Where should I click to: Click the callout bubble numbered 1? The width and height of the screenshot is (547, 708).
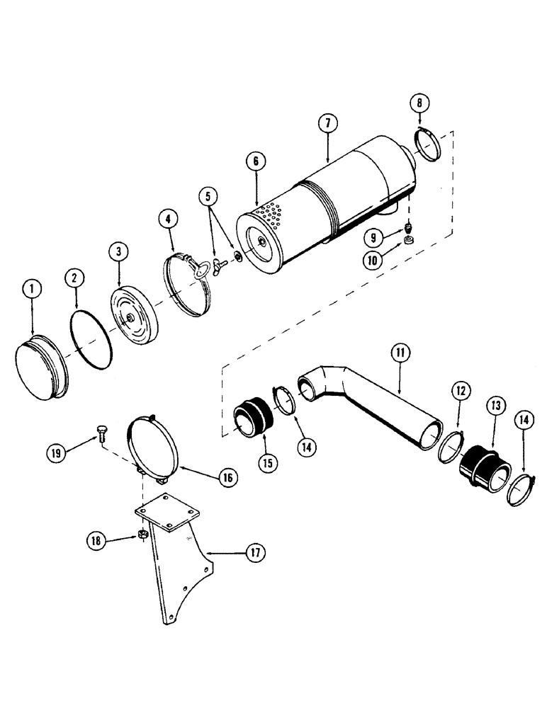click(x=31, y=289)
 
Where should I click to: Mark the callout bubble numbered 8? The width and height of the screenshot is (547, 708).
click(x=419, y=103)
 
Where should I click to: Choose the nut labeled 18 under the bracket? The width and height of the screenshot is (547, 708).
click(x=142, y=532)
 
